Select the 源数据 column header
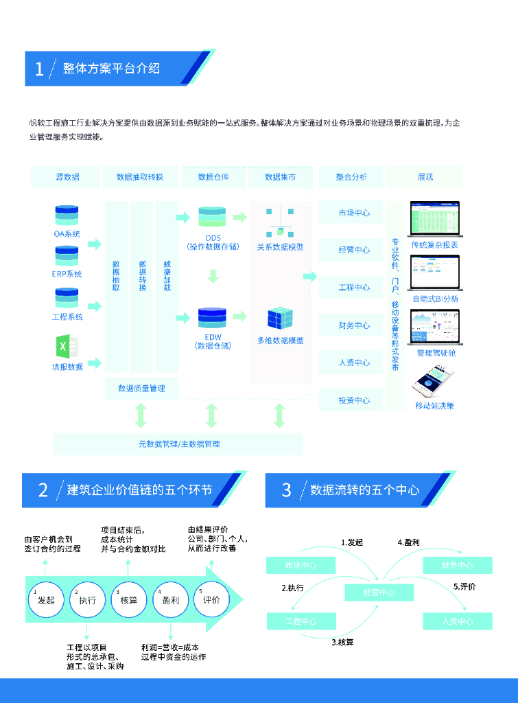(x=67, y=177)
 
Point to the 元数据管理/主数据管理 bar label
(x=179, y=444)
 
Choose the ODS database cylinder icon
(x=212, y=216)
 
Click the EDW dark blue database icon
(x=212, y=318)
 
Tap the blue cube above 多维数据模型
(x=280, y=319)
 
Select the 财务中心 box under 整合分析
(x=354, y=325)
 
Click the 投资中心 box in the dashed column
(x=354, y=400)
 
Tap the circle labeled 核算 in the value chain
(x=128, y=599)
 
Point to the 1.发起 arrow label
(x=351, y=542)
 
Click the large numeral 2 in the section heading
(x=43, y=490)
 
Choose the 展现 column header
(x=425, y=177)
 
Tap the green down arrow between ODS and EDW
(x=213, y=276)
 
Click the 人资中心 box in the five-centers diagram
(x=457, y=621)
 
